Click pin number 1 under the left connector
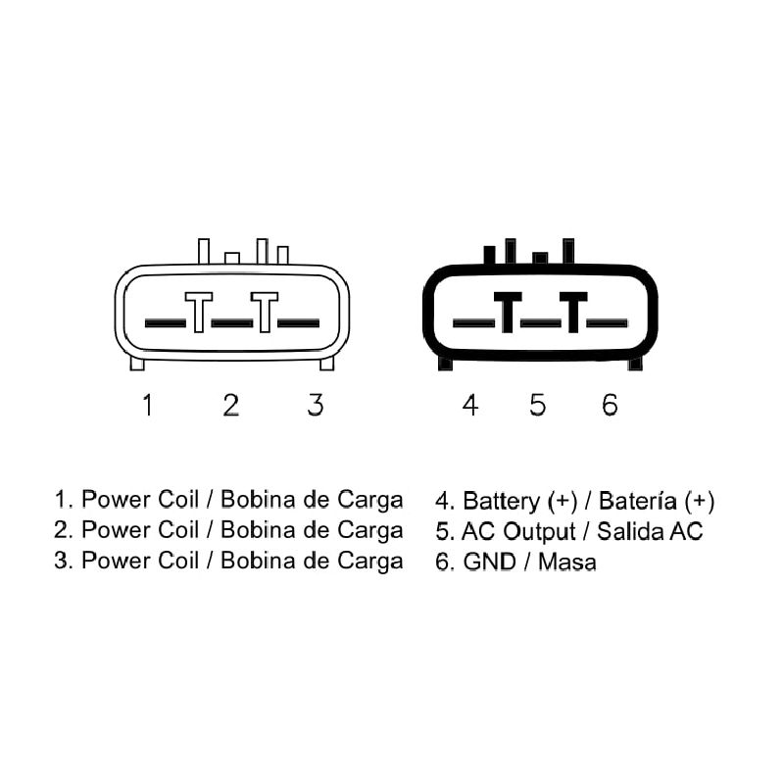[148, 405]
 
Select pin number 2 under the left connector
[231, 405]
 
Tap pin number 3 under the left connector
[316, 405]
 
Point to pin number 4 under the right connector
[470, 405]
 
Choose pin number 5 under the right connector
[537, 405]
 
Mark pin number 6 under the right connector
[610, 405]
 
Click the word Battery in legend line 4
[502, 502]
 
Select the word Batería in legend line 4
[638, 501]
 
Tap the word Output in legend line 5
[539, 532]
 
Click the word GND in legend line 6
[489, 562]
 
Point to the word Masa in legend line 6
[567, 562]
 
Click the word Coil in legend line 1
[178, 500]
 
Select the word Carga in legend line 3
[370, 562]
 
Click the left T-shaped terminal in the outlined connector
[199, 312]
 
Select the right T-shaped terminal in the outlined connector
[265, 312]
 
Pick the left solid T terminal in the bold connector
[508, 312]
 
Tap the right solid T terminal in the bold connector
[573, 312]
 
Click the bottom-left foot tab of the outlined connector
[137, 363]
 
